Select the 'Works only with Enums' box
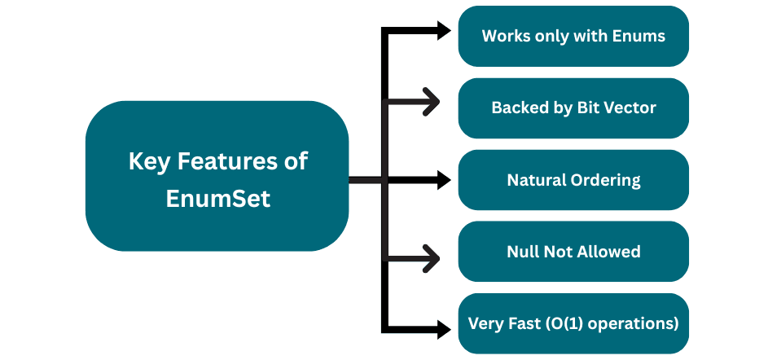coord(573,36)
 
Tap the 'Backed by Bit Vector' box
coord(573,108)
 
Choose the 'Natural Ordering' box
coord(573,180)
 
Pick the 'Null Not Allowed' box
coord(573,252)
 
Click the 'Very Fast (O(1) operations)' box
coord(573,323)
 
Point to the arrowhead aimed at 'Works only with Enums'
coord(444,31)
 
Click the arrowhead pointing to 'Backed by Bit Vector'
coord(432,103)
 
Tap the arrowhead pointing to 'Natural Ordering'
coord(444,180)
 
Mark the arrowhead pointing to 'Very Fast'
coord(444,329)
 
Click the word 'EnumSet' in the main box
coord(217,198)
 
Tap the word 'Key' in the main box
coord(147,160)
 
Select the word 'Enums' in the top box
coord(639,36)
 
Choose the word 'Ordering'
coord(604,180)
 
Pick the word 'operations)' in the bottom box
coord(640,323)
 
